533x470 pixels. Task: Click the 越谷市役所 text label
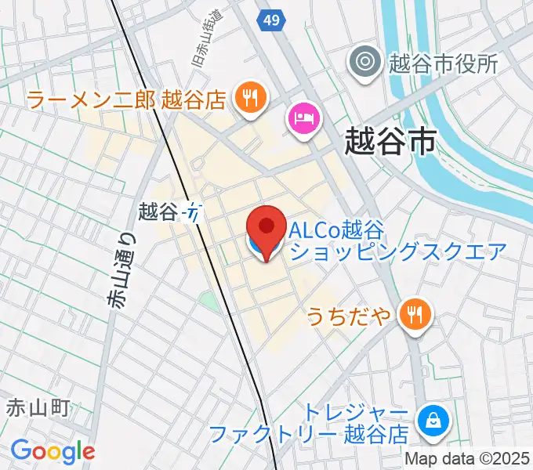443,63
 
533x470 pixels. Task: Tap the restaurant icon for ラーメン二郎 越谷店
250,98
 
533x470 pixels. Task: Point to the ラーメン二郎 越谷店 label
126,99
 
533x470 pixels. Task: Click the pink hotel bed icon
304,118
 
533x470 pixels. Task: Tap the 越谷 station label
159,210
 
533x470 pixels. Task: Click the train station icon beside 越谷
194,211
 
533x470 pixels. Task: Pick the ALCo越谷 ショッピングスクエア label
398,240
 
